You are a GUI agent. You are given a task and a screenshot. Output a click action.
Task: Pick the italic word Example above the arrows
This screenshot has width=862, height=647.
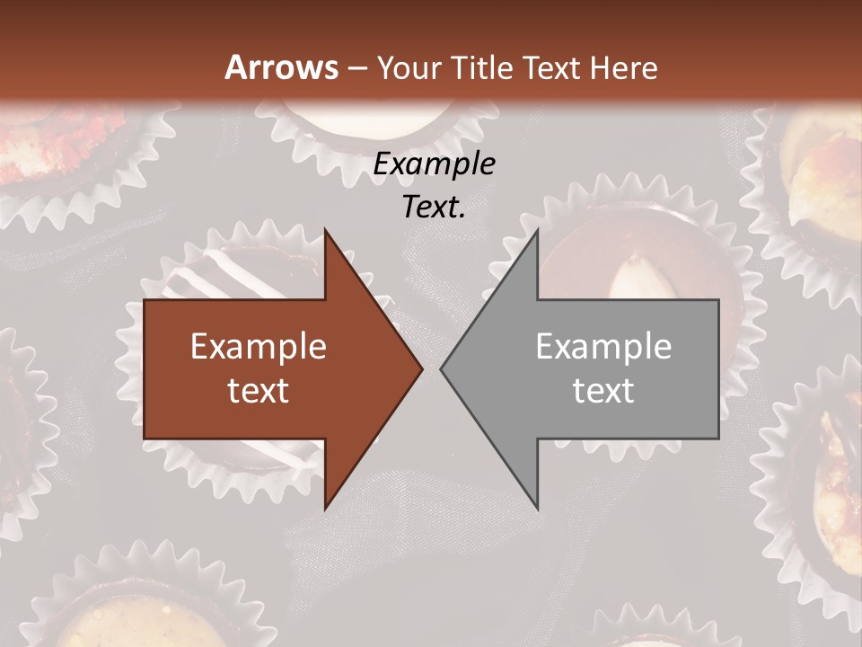pos(435,164)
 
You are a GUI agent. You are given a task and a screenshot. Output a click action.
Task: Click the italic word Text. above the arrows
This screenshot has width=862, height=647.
pos(435,207)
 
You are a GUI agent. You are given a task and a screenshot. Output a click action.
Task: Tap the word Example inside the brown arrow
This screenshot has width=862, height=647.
pos(259,346)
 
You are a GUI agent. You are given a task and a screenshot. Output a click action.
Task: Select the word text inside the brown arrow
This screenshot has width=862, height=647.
pos(259,391)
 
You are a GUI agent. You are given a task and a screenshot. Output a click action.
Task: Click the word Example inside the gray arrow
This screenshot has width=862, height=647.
pos(603,346)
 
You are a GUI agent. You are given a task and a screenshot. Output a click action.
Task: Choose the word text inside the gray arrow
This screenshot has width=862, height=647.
pos(603,391)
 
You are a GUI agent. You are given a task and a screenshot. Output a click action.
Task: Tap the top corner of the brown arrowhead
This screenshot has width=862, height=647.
pos(326,231)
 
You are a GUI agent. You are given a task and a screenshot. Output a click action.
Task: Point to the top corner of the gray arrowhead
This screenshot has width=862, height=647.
pos(537,231)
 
